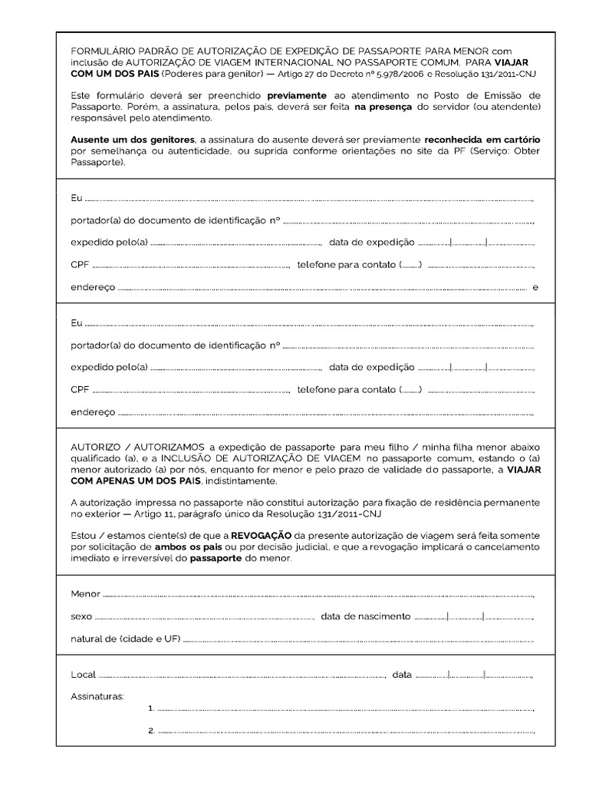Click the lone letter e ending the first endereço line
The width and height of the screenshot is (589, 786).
(535, 288)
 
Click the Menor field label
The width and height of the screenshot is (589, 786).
(86, 594)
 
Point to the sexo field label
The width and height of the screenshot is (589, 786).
(81, 616)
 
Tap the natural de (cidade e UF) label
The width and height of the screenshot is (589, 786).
(125, 639)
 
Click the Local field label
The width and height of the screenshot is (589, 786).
(84, 675)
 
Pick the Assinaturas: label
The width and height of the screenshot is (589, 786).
(97, 696)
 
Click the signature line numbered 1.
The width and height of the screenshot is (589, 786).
(345, 708)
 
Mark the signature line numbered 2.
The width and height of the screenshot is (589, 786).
(345, 731)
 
